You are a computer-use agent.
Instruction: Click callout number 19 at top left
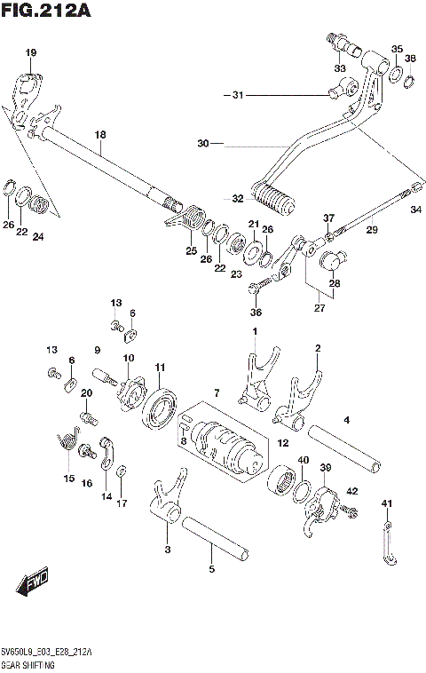[31, 53]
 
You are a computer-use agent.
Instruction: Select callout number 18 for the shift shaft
[100, 134]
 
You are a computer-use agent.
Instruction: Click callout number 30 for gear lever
[202, 143]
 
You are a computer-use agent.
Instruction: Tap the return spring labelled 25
[194, 219]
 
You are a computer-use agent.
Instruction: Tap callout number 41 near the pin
[386, 503]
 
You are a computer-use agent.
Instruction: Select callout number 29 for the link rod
[372, 230]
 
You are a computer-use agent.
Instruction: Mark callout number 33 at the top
[340, 68]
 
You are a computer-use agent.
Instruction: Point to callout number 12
[281, 442]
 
